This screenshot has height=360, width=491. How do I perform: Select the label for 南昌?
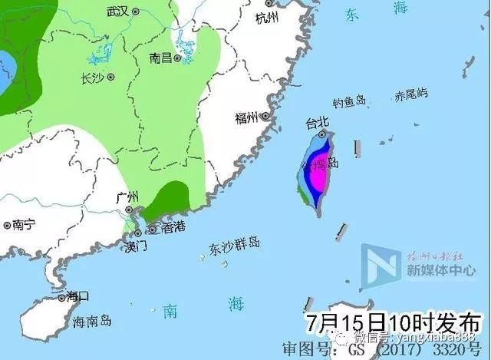[160, 58]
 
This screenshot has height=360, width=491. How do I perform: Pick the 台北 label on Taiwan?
[316, 122]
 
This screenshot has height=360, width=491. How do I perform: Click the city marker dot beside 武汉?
[136, 12]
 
